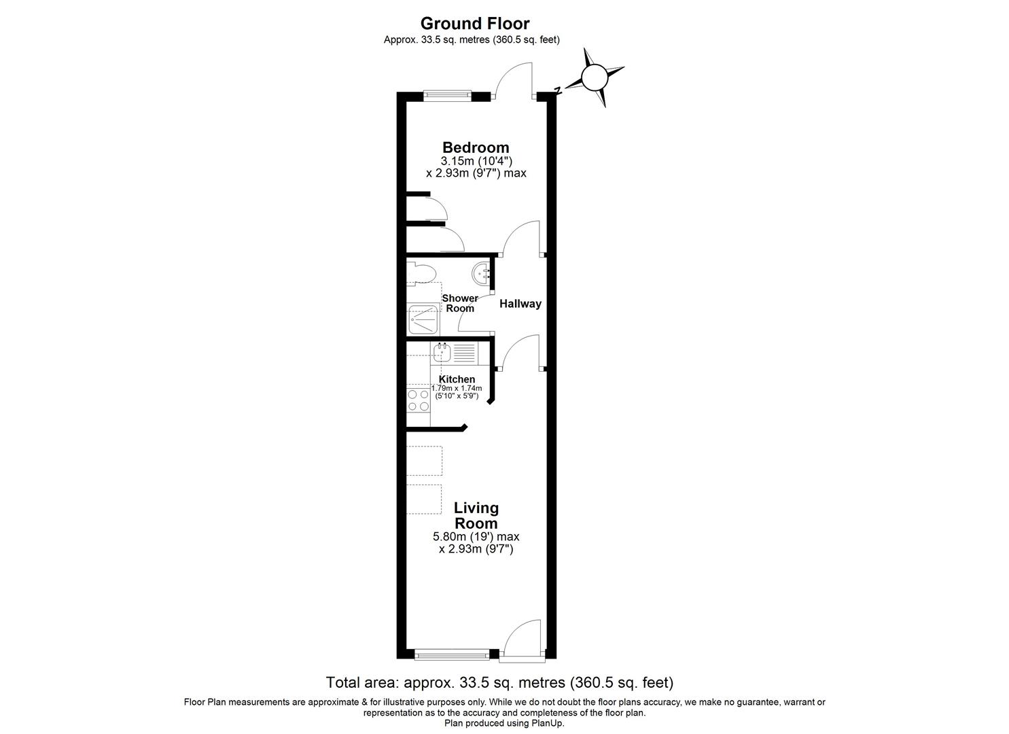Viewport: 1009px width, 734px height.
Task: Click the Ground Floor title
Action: (x=474, y=24)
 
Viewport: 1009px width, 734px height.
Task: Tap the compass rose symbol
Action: (x=594, y=77)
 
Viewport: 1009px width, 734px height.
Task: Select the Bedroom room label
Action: (x=476, y=147)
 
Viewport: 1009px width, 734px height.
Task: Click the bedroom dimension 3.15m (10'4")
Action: (x=476, y=161)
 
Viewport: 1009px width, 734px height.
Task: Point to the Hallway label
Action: (x=520, y=304)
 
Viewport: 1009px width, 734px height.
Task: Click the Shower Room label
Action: (x=460, y=303)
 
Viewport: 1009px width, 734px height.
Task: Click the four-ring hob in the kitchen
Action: (x=418, y=400)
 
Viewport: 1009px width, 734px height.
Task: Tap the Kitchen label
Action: (x=457, y=379)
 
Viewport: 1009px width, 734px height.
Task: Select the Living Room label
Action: (x=476, y=515)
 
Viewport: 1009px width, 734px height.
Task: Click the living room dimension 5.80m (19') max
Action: (x=476, y=537)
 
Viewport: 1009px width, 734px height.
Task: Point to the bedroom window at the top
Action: (x=446, y=96)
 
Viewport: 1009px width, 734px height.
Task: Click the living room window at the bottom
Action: (x=451, y=655)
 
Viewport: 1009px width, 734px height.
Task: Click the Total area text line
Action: (x=499, y=682)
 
